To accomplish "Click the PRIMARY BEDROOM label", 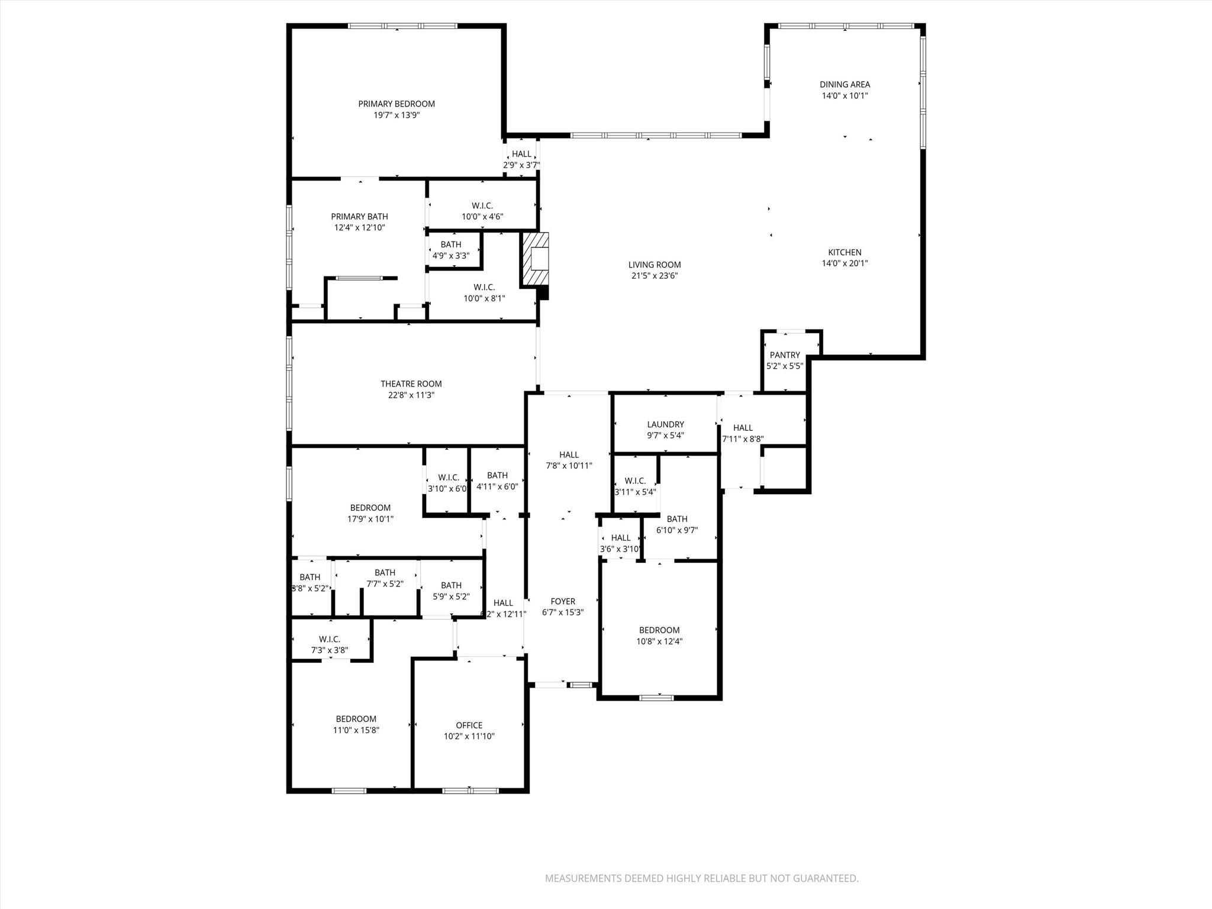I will pos(396,104).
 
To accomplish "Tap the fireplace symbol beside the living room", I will pos(536,260).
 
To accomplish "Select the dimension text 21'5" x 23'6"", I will pos(654,276).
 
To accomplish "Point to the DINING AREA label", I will pos(844,85).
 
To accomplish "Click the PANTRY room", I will pos(785,360).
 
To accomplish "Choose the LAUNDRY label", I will pos(665,424).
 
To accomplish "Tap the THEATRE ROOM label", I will pos(411,384).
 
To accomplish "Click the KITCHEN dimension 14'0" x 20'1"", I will pos(844,264).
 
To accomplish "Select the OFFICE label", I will pos(469,726).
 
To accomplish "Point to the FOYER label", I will pos(563,601).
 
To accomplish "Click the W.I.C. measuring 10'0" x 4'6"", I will pos(482,211).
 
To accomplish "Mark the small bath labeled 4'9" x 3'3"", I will pos(451,250).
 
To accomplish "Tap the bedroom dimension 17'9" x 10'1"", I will pos(370,519).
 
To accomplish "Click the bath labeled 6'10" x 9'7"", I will pos(677,524).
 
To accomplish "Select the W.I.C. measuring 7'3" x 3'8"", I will pos(330,644).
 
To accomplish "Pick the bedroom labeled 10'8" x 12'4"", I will pos(659,636).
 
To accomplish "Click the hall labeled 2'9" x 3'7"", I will pos(521,160).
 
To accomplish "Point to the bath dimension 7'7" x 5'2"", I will pos(385,584).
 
